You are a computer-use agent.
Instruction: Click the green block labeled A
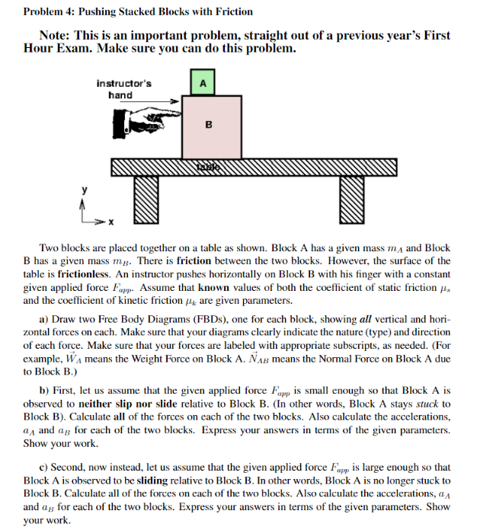(x=202, y=81)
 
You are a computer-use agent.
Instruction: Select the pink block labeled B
(x=208, y=126)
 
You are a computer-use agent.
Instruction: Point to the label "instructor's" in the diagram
(x=123, y=83)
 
